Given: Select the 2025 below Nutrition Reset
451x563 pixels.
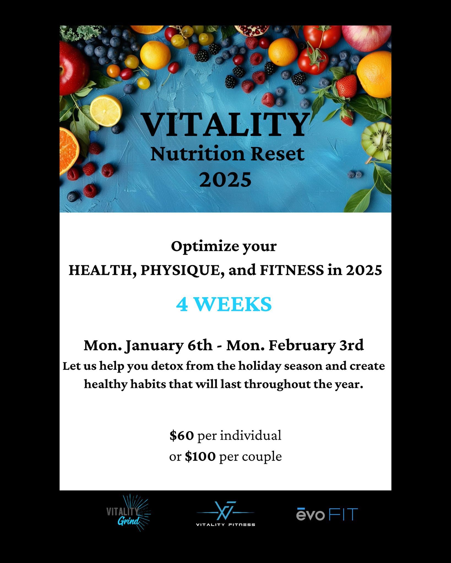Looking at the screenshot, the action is pos(225,180).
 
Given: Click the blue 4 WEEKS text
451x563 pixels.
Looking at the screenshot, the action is pos(224,304).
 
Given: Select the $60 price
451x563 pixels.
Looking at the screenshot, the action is pos(182,435).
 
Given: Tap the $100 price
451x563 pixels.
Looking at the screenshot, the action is pos(200,456).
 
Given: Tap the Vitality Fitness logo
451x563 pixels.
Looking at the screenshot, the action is pos(226,514).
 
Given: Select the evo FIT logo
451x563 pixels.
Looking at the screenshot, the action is pos(327,514).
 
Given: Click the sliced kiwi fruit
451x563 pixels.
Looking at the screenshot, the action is pos(377,141).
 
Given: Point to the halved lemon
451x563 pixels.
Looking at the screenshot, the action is pos(106,111).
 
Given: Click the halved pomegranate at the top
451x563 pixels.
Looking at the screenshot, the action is pos(252,31).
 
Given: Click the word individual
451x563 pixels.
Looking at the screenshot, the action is pos(251,435).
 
